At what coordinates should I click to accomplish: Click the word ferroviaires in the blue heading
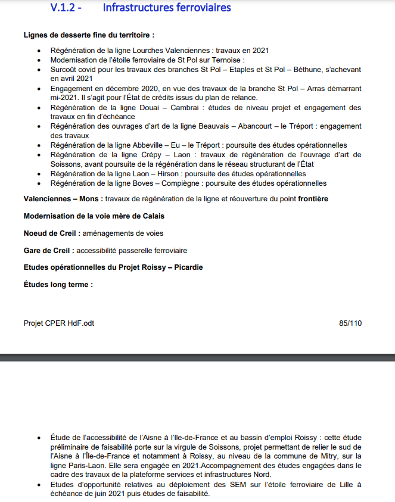(200, 8)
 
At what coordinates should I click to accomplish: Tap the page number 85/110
(350, 323)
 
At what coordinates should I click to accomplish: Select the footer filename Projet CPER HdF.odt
(59, 323)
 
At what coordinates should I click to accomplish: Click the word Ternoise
(229, 60)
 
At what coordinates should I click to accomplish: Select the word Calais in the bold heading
(153, 216)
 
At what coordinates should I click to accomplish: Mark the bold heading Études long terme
(58, 285)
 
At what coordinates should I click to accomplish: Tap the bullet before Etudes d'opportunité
(39, 485)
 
